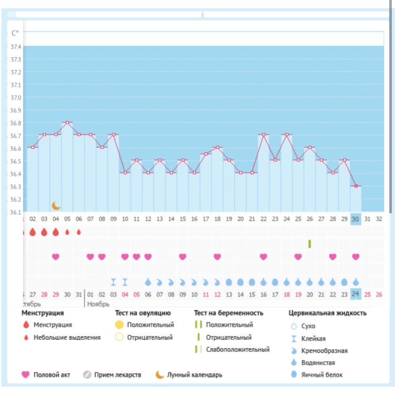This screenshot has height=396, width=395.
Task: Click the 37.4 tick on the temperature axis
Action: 16,46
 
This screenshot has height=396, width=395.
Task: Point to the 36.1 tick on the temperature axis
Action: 16,212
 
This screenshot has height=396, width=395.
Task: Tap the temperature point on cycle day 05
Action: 67,123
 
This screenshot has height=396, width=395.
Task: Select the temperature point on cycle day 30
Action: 356,186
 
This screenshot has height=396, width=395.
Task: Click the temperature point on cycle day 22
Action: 263,135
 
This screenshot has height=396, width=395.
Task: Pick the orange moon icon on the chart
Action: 56,205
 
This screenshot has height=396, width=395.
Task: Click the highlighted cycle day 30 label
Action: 356,219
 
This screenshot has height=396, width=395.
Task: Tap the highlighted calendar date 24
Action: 356,293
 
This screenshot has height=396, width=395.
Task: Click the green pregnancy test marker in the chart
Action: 310,244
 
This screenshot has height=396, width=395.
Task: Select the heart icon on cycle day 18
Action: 217,257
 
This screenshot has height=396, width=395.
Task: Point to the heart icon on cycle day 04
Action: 55,257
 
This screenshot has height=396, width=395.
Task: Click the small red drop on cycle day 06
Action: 78,231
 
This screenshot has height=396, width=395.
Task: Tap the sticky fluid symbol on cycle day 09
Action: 113,281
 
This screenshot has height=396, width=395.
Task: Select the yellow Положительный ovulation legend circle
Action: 120,325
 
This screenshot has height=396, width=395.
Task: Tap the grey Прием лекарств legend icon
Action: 87,375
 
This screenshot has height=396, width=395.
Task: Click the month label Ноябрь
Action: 98,303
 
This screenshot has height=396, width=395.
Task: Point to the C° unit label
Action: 15,33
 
